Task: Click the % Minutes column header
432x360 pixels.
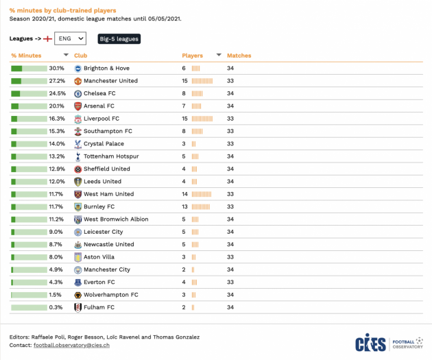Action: click(x=26, y=56)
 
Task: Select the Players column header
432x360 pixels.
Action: click(x=193, y=56)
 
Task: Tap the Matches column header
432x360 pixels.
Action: click(x=239, y=56)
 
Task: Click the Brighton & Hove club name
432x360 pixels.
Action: click(x=106, y=69)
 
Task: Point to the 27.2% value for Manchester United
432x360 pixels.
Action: click(x=57, y=81)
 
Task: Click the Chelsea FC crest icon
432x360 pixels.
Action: click(x=78, y=93)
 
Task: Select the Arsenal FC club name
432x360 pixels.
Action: click(x=99, y=106)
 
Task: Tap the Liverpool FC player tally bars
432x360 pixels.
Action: click(x=202, y=119)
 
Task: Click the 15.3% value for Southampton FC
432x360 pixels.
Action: click(x=57, y=131)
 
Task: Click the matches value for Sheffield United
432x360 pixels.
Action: click(x=231, y=169)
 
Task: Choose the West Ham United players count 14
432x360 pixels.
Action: click(x=184, y=194)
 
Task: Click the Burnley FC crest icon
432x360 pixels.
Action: click(x=78, y=206)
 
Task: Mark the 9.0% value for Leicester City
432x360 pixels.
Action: click(x=57, y=232)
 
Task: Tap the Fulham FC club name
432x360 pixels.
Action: click(x=99, y=307)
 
